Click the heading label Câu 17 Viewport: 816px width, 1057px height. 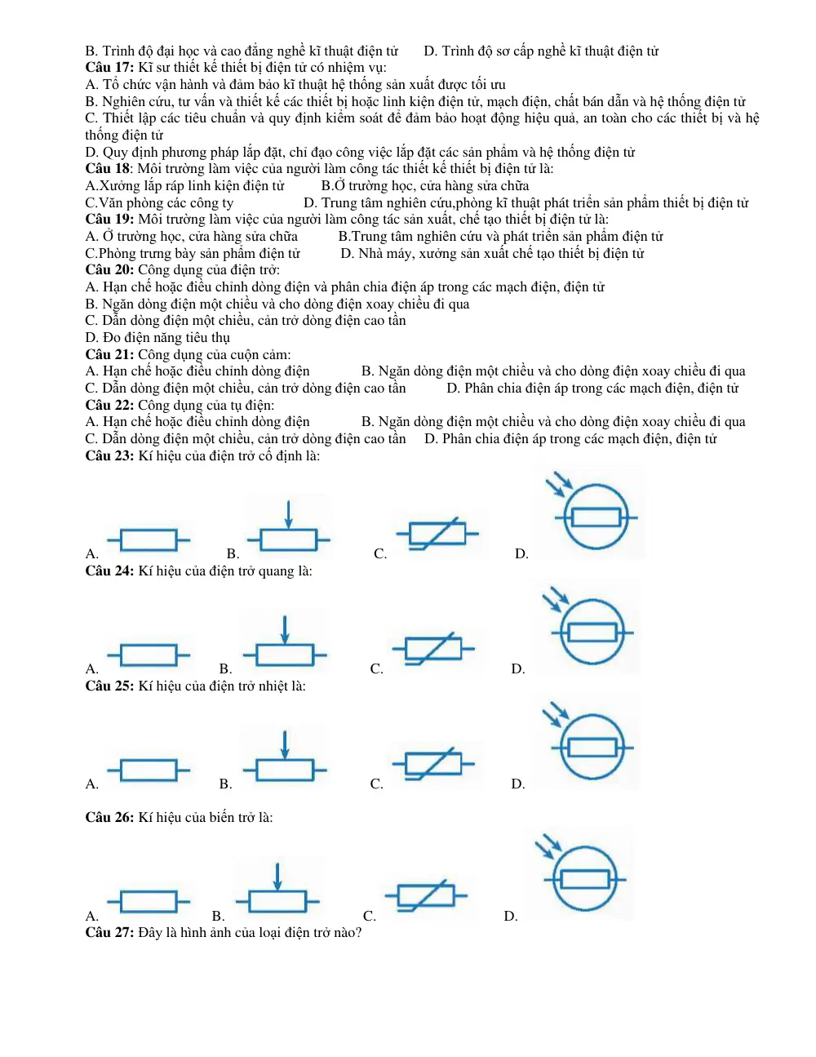point(109,67)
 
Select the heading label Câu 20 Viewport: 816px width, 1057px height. point(109,269)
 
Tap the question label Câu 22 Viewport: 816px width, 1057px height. point(109,405)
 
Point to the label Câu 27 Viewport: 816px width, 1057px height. point(109,932)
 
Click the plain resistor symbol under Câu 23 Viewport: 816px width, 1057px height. point(149,540)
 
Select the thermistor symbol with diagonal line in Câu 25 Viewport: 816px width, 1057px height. point(433,763)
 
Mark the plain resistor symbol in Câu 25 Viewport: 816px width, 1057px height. point(149,771)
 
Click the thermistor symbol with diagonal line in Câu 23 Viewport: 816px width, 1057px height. point(437,533)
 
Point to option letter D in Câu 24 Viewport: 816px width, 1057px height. point(518,668)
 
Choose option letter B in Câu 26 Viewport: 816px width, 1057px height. point(219,916)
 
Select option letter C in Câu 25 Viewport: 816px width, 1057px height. point(376,784)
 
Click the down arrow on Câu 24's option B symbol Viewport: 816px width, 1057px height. point(285,630)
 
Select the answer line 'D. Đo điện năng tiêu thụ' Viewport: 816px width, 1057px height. point(157,337)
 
